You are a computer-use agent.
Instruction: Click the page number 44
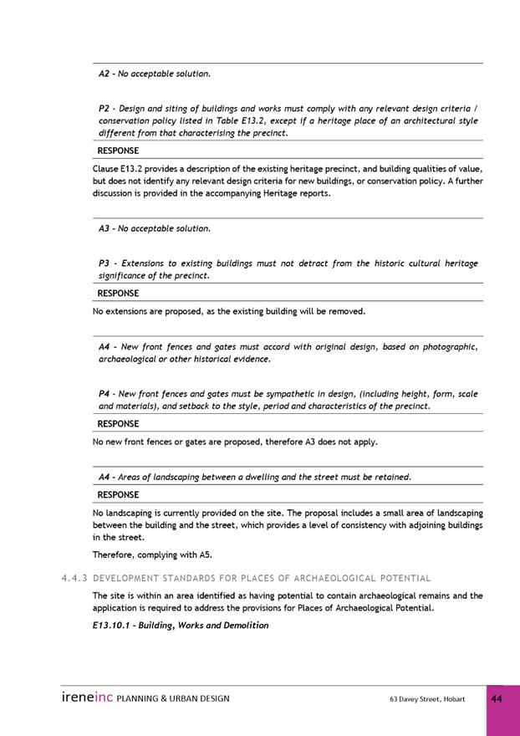tap(497, 698)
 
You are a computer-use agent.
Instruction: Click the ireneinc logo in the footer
tap(87, 698)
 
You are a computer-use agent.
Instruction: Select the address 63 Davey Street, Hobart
tap(427, 698)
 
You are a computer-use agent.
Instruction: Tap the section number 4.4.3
tap(75, 578)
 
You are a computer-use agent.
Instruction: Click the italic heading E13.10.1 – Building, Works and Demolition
tap(181, 625)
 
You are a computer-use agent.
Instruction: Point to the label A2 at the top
tap(105, 74)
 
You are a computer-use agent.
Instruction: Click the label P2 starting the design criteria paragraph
tap(105, 109)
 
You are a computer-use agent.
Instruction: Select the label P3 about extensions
tap(105, 263)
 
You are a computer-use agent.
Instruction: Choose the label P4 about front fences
tap(105, 393)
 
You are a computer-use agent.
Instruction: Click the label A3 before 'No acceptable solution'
tap(105, 228)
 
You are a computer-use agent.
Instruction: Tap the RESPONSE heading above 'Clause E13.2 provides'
tap(118, 151)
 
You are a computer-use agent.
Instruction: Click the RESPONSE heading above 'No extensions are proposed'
tap(118, 294)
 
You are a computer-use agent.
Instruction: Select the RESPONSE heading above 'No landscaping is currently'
tap(118, 494)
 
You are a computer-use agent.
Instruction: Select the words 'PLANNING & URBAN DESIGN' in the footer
tap(173, 698)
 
